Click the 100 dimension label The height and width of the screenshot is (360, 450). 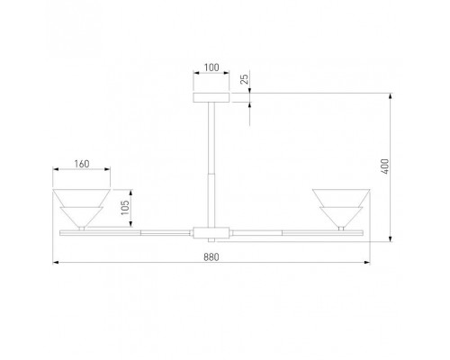pos(211,67)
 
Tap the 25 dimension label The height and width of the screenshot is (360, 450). pos(245,79)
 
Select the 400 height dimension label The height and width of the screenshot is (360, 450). pos(385,166)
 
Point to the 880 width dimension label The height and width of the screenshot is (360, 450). pos(211,257)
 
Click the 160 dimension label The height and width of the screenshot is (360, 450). pos(82,164)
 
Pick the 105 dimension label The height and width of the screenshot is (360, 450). pos(125,208)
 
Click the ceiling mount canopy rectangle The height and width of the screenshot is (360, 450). pos(211,97)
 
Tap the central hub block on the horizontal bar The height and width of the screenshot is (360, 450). pos(211,233)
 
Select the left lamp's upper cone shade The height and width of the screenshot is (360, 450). pos(82,198)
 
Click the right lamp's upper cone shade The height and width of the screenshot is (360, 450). pos(341,198)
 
